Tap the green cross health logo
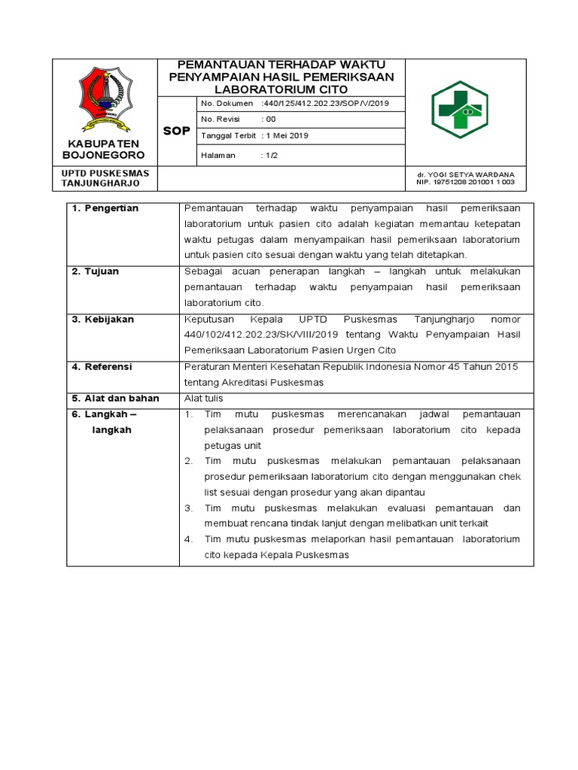tap(459, 110)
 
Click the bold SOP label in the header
tap(177, 131)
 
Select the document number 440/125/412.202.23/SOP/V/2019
tap(323, 103)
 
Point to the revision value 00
tap(269, 119)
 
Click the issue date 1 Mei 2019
tap(285, 135)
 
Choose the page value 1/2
tap(266, 155)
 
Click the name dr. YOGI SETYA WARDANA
tap(466, 174)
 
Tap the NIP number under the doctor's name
tap(467, 182)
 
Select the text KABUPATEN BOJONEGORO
tap(105, 149)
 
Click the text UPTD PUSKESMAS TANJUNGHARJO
tap(105, 177)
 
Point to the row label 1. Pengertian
tap(105, 208)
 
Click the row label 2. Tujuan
tap(95, 271)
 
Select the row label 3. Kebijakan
tap(102, 320)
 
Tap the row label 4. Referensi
tap(102, 367)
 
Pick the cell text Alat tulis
tap(203, 399)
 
